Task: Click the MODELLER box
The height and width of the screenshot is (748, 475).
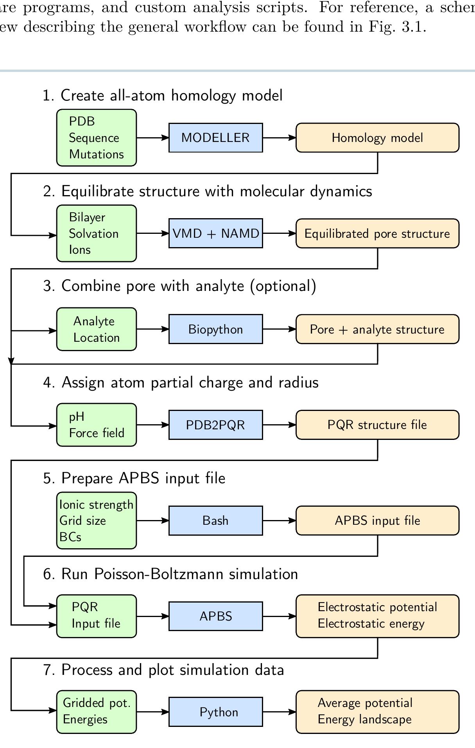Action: pyautogui.click(x=215, y=138)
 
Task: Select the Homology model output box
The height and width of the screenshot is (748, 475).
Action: pyautogui.click(x=377, y=138)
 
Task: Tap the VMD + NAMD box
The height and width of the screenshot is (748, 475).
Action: pyautogui.click(x=215, y=233)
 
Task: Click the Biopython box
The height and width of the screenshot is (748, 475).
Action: pyautogui.click(x=215, y=329)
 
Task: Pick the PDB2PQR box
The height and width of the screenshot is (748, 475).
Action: pyautogui.click(x=215, y=425)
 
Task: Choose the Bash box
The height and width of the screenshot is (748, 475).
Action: pyautogui.click(x=215, y=520)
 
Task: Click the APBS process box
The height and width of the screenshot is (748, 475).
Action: pyautogui.click(x=215, y=616)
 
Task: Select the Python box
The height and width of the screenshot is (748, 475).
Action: pyautogui.click(x=215, y=712)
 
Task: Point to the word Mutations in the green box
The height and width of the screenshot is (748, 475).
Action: pyautogui.click(x=96, y=154)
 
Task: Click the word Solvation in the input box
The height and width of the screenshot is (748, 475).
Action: pyautogui.click(x=93, y=233)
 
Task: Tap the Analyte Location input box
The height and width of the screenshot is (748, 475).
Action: pyautogui.click(x=97, y=329)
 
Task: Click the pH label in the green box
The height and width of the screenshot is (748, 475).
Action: pyautogui.click(x=77, y=417)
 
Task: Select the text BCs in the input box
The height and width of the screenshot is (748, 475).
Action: pyautogui.click(x=70, y=537)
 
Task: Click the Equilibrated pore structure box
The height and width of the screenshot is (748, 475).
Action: pyautogui.click(x=377, y=233)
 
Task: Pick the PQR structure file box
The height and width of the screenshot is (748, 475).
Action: pyautogui.click(x=377, y=425)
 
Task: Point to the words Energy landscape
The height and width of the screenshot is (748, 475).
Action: pyautogui.click(x=364, y=719)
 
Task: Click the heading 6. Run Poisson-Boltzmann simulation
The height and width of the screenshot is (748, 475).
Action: pyautogui.click(x=170, y=574)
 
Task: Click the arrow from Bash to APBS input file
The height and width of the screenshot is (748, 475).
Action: pyautogui.click(x=279, y=520)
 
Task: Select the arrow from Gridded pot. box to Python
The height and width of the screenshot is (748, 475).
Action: pyautogui.click(x=152, y=712)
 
